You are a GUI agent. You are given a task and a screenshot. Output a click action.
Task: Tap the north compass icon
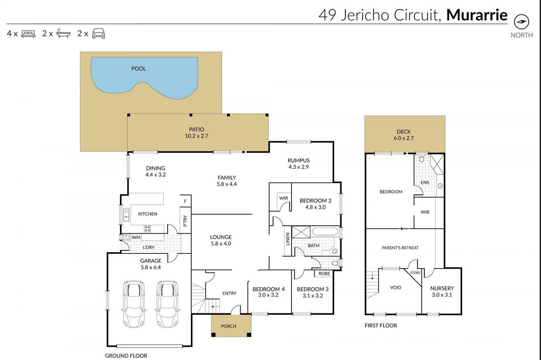[x=522, y=22]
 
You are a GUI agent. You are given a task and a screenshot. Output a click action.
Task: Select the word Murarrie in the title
[x=477, y=15]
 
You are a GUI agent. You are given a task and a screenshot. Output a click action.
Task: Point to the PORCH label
[x=229, y=326]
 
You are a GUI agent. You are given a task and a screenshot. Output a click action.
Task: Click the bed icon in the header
[x=28, y=33]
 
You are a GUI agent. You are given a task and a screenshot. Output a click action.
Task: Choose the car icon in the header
[x=99, y=33]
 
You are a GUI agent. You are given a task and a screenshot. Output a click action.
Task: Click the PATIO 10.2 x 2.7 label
[x=197, y=133]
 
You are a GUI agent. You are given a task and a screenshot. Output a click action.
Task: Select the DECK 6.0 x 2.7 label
[x=404, y=135]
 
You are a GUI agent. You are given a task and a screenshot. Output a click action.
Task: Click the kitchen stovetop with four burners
[x=147, y=228]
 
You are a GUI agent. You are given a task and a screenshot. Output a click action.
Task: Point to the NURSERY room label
[x=442, y=291]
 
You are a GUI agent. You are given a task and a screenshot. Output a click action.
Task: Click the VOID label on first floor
[x=395, y=287]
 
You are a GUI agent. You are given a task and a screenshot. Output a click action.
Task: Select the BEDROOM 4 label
[x=268, y=292]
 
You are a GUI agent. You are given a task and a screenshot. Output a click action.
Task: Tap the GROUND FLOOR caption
[x=126, y=356]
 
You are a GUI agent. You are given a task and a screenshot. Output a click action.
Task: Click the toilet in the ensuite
[x=421, y=159]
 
